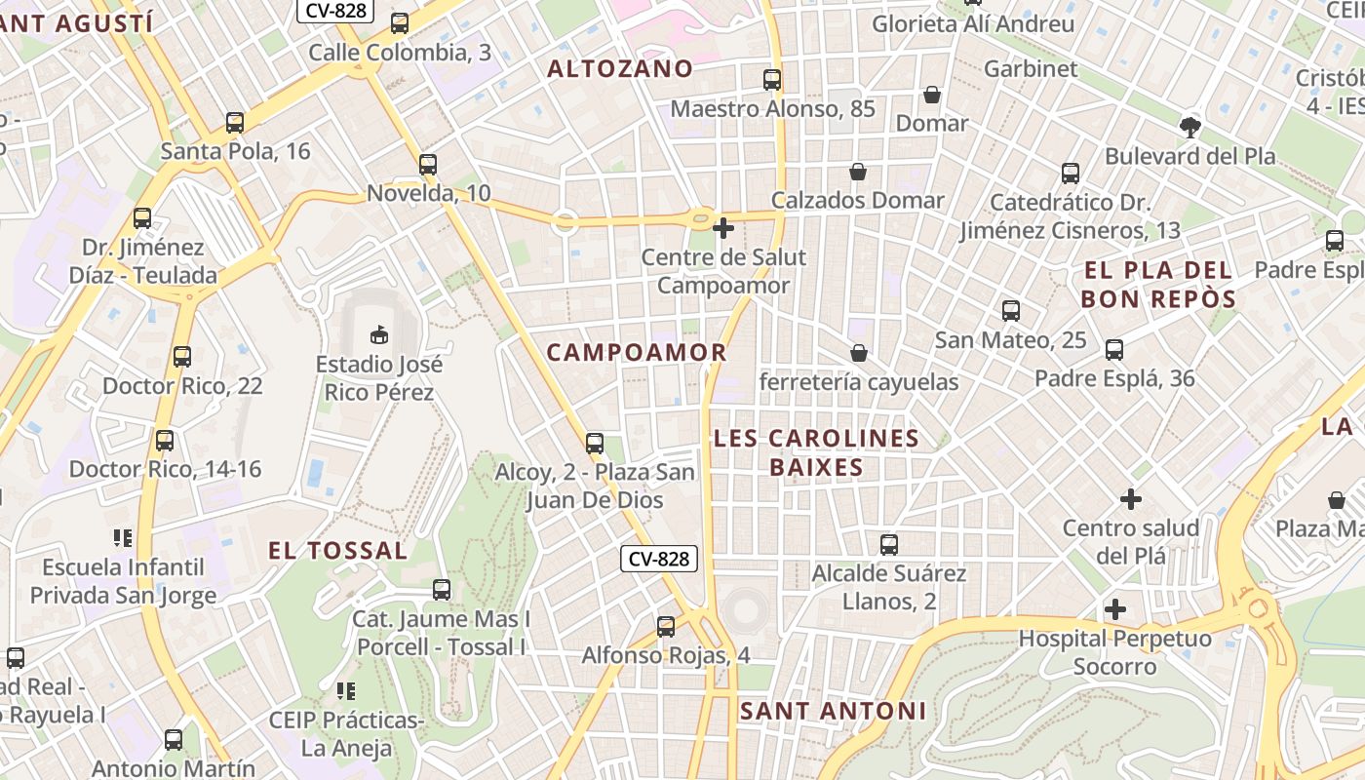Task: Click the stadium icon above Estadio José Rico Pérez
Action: [378, 335]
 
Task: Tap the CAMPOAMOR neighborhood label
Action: [637, 353]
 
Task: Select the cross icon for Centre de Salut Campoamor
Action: [723, 228]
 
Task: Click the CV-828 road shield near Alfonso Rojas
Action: [659, 559]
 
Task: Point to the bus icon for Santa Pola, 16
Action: [235, 123]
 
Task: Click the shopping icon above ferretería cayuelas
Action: [859, 353]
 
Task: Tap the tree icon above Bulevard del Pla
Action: [1189, 127]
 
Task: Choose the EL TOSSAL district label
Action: [338, 551]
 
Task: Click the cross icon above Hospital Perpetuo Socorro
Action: [1115, 610]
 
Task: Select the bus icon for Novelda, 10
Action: [428, 165]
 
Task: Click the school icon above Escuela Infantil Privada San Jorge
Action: [123, 537]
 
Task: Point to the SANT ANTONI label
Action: [833, 711]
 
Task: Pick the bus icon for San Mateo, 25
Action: [1011, 312]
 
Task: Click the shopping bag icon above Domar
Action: [932, 95]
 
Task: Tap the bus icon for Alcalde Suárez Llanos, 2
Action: [889, 545]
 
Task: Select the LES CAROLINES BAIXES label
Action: [816, 452]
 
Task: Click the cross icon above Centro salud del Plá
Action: [1131, 499]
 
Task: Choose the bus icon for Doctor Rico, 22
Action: [182, 357]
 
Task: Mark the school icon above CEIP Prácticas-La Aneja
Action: [346, 691]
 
